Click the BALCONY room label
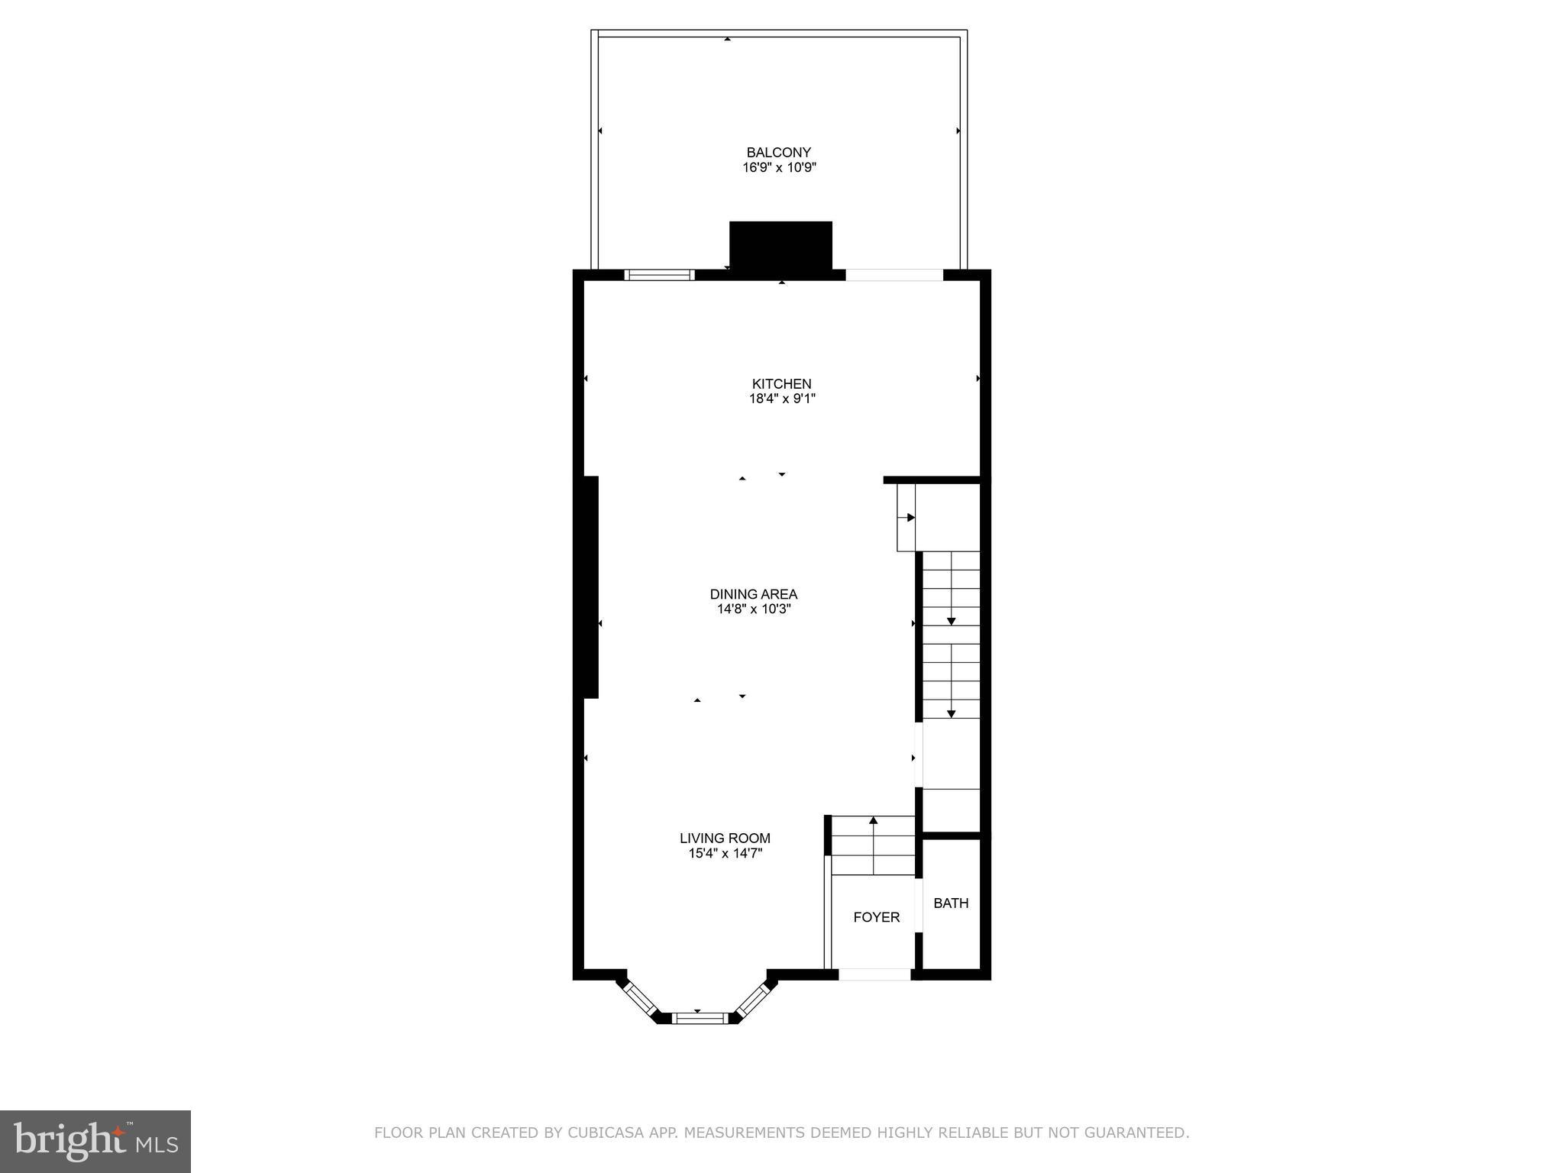tap(778, 153)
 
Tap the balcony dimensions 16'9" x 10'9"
tap(779, 168)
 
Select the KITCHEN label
tap(781, 384)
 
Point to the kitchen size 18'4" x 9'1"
tap(782, 399)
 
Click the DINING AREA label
tap(753, 594)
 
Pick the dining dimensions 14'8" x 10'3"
tap(753, 609)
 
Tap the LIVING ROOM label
tap(725, 839)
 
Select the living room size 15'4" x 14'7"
tap(725, 854)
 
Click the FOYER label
tap(876, 917)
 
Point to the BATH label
tap(951, 903)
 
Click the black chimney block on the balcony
tap(780, 245)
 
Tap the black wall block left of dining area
tap(590, 586)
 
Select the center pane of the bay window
tap(701, 1017)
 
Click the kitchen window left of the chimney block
tap(659, 275)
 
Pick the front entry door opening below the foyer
tap(874, 974)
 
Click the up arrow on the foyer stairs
tap(873, 822)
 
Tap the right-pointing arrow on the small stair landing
tap(910, 518)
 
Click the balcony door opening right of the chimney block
tap(893, 275)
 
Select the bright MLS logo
tap(95, 1141)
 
